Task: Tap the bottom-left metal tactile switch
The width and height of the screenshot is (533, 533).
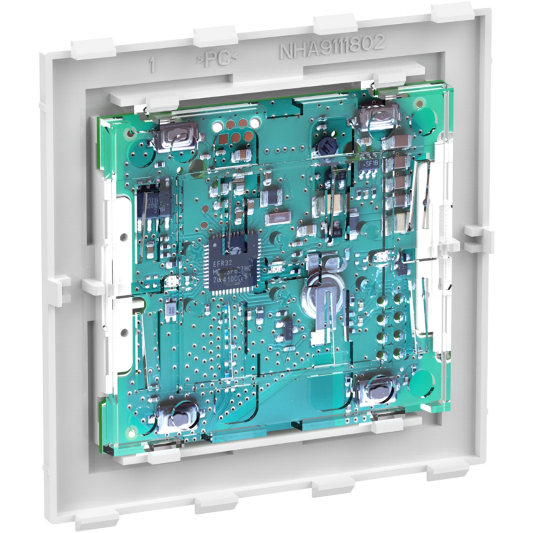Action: [x=176, y=416]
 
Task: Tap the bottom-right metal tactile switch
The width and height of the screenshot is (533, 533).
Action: [x=375, y=390]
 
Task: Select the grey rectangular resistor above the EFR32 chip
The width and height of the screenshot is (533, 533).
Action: [x=275, y=218]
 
